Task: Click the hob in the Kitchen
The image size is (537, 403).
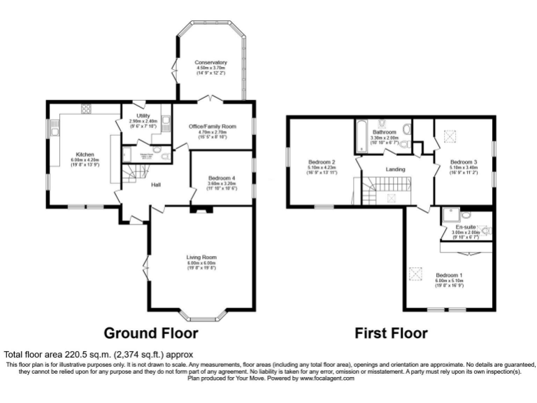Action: pyautogui.click(x=87, y=108)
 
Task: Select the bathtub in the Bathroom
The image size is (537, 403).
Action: pyautogui.click(x=361, y=136)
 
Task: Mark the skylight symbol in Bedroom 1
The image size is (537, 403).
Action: pyautogui.click(x=417, y=274)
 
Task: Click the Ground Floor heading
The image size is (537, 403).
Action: pyautogui.click(x=150, y=333)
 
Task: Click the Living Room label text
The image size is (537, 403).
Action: pyautogui.click(x=201, y=257)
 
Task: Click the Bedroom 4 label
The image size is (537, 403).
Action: pyautogui.click(x=221, y=178)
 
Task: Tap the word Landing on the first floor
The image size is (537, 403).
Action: pyautogui.click(x=396, y=169)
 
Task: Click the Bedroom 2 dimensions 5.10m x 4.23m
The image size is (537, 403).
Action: pyautogui.click(x=322, y=168)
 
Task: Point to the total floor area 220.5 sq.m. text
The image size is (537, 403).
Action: pyautogui.click(x=98, y=355)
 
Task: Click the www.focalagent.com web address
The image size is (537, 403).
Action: pyautogui.click(x=327, y=379)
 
